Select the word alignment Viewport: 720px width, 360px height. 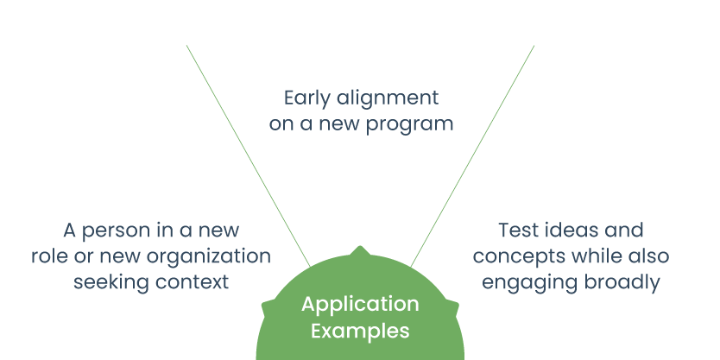pos(388,98)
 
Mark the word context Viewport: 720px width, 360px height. pos(192,283)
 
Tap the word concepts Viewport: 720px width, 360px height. pos(513,257)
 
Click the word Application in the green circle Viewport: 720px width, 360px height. pos(360,305)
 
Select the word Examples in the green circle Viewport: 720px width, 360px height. pos(360,331)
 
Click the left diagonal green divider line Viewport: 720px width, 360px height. pos(249,156)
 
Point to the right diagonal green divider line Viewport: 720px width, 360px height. pos(472,156)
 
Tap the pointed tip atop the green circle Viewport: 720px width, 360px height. pos(361,247)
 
